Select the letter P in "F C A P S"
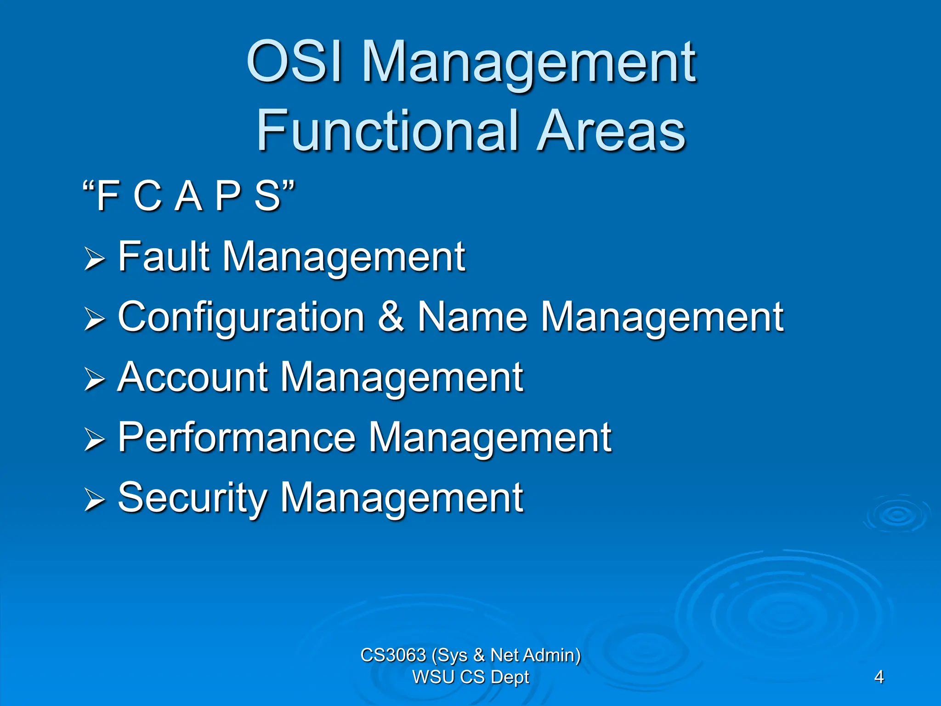(x=228, y=196)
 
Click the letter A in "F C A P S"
(x=189, y=196)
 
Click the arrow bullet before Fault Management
(x=95, y=259)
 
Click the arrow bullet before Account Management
(x=95, y=380)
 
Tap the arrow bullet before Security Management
(x=95, y=500)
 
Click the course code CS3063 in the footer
(x=393, y=655)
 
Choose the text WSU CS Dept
(x=470, y=677)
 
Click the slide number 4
(x=879, y=677)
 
